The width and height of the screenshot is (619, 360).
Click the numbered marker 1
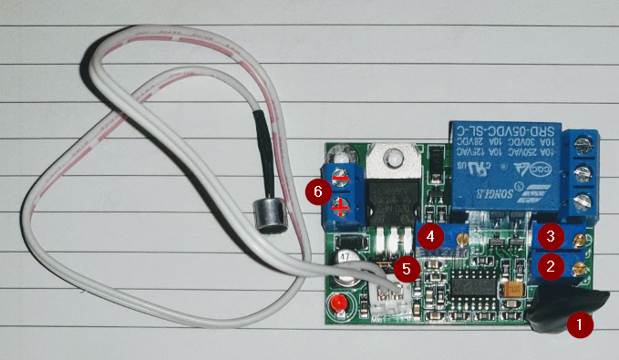point(579,324)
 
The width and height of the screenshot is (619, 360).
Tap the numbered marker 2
point(550,266)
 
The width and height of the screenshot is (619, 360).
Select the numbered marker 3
point(550,236)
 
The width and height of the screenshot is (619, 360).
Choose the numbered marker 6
point(317,191)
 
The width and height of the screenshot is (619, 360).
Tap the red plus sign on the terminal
point(340,208)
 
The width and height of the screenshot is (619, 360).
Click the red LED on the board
point(339,303)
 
